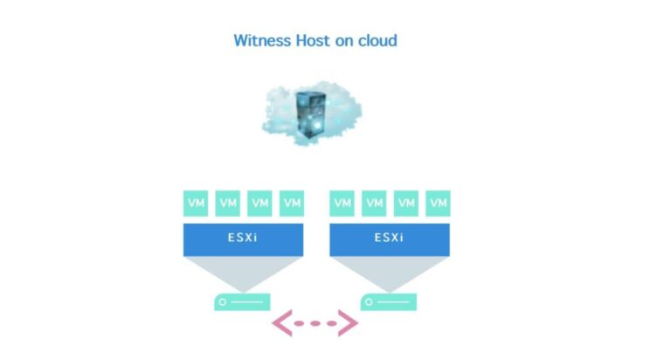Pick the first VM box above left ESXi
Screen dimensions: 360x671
[x=197, y=204]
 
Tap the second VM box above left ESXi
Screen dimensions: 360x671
[x=228, y=204]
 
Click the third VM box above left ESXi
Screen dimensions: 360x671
[x=259, y=204]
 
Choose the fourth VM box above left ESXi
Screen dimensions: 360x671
[x=291, y=204]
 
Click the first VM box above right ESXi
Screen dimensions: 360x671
[x=342, y=204]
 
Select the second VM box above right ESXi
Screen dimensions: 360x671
[x=374, y=204]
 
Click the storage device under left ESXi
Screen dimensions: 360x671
[x=242, y=302]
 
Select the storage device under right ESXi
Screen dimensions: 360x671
[x=388, y=302]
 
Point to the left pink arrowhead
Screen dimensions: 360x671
[x=281, y=323]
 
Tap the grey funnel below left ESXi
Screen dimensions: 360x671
[x=243, y=272]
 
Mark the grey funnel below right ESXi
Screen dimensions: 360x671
[x=389, y=272]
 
